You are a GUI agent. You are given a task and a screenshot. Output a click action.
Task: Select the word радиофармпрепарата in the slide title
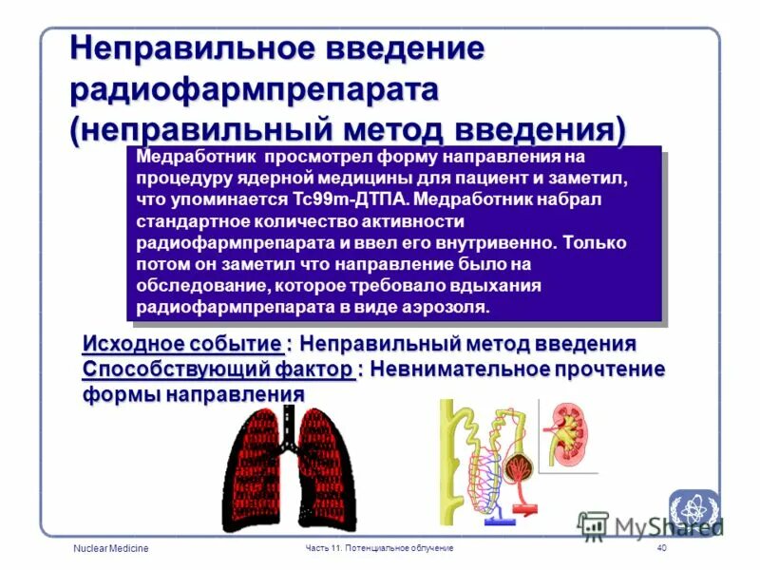coord(255,92)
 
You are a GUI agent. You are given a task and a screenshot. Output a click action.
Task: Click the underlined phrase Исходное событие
coord(181,343)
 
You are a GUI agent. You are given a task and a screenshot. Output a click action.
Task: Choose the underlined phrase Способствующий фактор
coord(218,369)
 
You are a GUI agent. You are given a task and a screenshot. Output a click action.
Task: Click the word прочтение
coord(609,369)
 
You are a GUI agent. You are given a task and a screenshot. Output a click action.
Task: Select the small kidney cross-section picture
coord(567,432)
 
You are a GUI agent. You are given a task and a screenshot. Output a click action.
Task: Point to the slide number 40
coord(661,549)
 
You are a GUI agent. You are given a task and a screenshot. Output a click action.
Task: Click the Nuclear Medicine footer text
coord(110,550)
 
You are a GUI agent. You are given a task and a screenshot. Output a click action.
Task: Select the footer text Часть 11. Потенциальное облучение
coord(379,549)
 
